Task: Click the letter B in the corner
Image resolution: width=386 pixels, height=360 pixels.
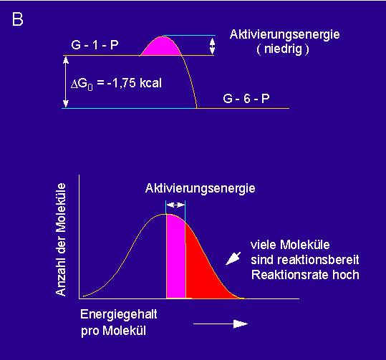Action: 17,19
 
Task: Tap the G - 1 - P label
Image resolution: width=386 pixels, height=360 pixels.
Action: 95,45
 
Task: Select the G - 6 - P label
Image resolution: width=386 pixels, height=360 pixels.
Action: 246,99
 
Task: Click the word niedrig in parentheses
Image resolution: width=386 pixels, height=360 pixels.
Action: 283,49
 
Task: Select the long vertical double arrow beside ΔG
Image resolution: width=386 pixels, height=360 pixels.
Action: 66,82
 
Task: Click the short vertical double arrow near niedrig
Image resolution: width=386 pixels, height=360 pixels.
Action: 212,47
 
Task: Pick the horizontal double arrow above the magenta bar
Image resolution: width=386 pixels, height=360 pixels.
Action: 175,205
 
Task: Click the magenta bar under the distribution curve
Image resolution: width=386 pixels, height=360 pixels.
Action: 175,256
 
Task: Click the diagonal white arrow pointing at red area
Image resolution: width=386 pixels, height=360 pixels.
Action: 233,258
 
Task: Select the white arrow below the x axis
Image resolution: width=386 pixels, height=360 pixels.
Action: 221,323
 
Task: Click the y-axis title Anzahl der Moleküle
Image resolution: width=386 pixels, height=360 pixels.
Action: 61,240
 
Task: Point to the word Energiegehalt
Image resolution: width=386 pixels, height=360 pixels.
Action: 119,315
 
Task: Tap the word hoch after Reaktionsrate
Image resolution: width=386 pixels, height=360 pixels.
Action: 346,275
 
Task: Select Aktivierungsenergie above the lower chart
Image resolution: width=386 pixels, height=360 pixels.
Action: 200,189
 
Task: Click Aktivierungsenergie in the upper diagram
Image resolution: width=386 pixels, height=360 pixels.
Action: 284,34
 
